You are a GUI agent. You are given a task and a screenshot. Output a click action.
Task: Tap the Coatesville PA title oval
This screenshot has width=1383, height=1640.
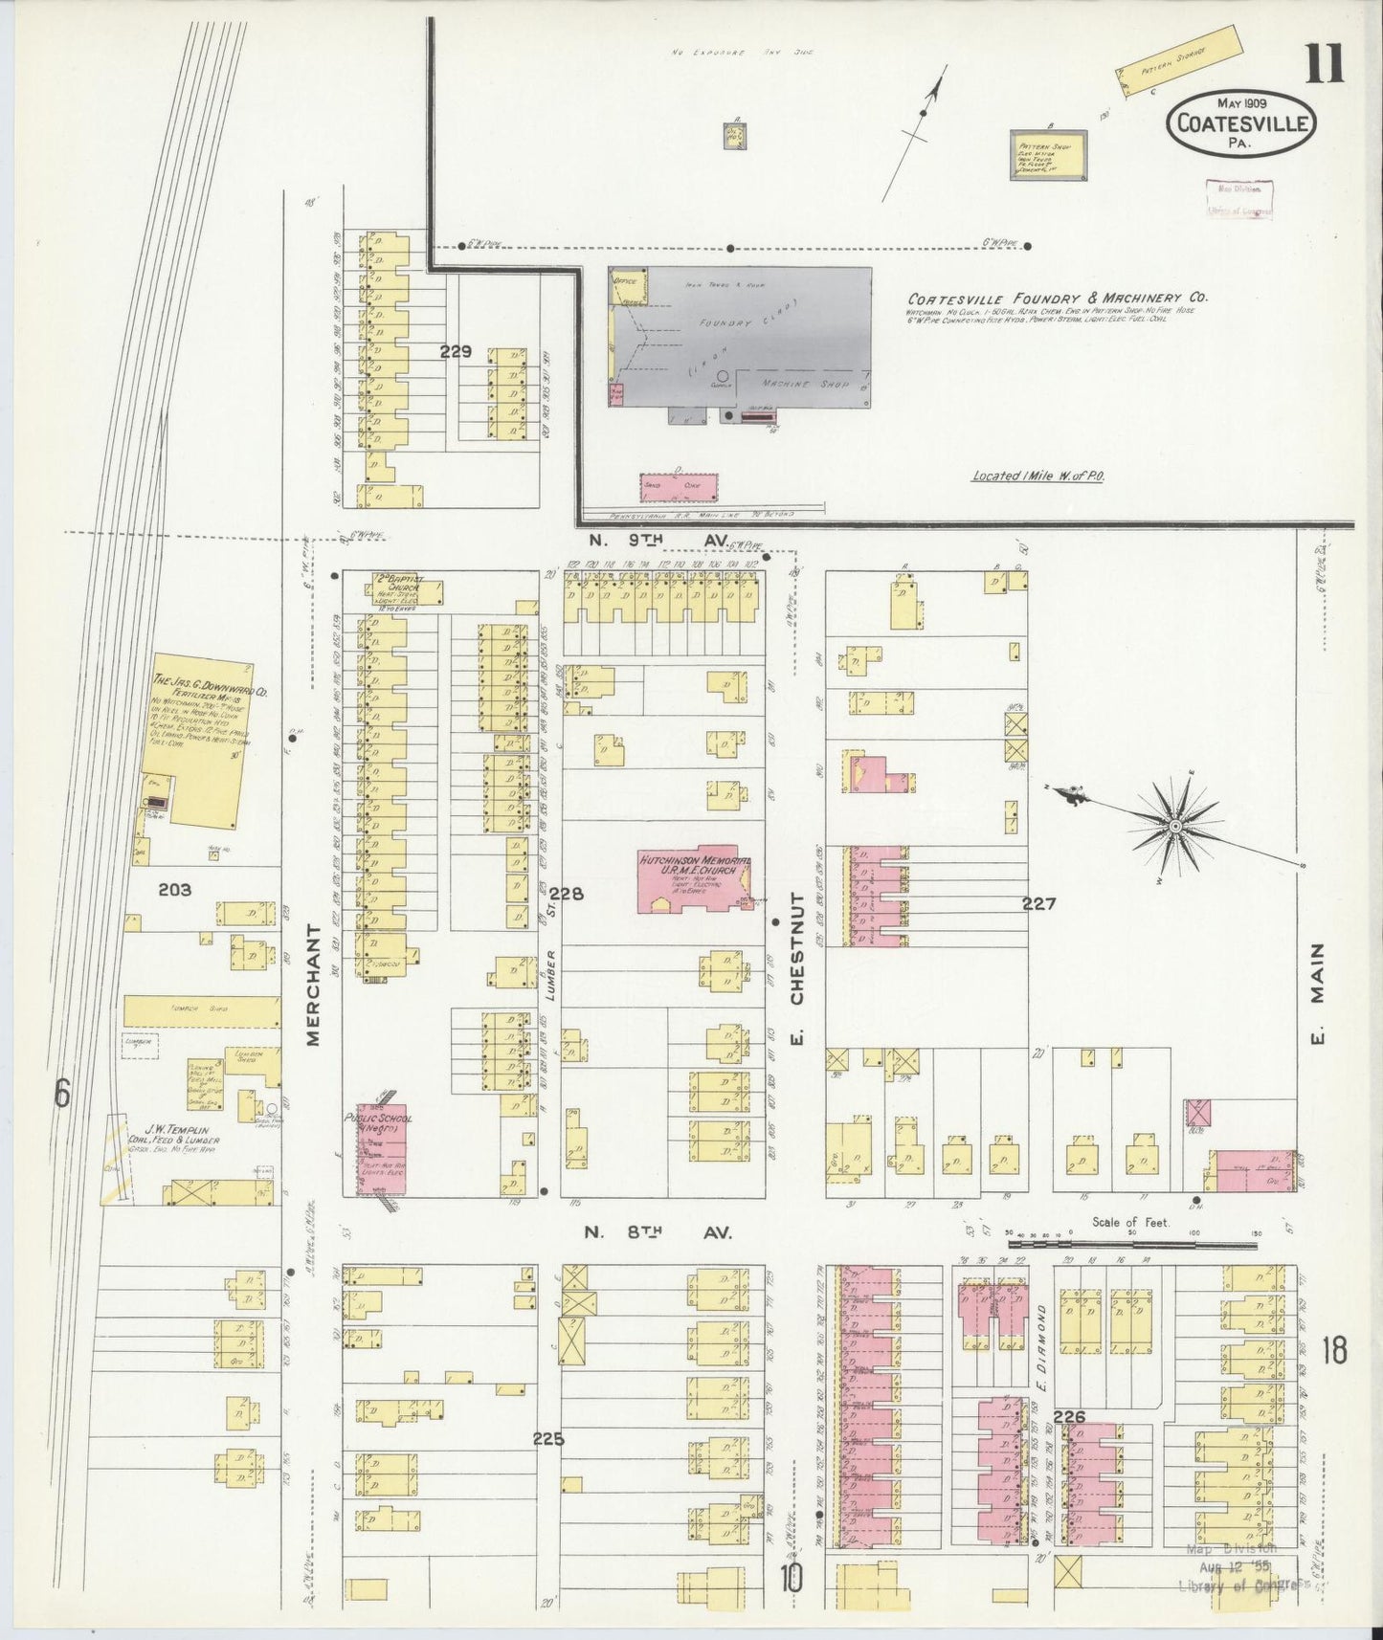pos(1240,124)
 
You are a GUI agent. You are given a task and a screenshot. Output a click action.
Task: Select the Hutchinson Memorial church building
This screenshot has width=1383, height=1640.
pos(696,879)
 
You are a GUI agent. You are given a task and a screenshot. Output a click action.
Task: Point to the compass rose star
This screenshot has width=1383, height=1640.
pos(1173,824)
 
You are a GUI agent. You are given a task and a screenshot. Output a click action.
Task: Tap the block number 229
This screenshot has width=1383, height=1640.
pos(456,352)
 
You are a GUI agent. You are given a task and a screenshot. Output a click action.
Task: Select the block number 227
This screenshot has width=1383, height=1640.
pos(1038,902)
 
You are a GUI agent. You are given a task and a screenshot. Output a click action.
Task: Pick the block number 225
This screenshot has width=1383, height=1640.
pos(548,1438)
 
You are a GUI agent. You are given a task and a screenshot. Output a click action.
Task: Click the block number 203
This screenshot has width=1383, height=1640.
pos(175,890)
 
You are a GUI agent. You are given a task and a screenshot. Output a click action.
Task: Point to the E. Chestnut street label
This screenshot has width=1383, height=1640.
pos(796,970)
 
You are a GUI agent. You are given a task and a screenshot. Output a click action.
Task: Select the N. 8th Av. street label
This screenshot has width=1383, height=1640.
pos(658,1233)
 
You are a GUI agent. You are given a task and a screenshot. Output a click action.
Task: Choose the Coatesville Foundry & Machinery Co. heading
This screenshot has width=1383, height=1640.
pos(1058,298)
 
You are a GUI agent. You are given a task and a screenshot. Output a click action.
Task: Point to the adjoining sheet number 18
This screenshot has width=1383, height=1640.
pos(1333,1351)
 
